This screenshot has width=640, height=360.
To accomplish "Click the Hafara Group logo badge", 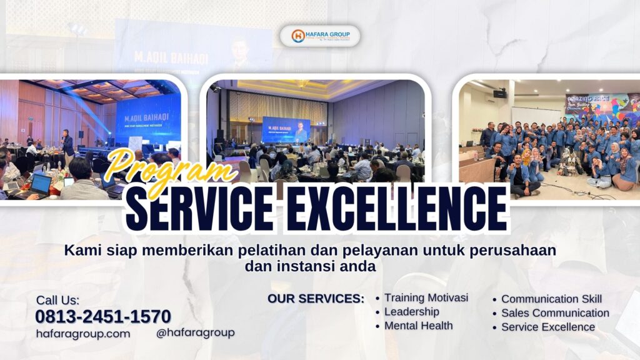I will pos(320,36).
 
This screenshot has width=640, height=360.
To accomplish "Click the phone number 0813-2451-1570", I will pos(102,316).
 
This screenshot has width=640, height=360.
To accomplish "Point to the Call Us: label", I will pos(57,300).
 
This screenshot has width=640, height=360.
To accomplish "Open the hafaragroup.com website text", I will pos(83,333).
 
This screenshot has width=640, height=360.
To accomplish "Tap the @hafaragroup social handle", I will pos(195,332).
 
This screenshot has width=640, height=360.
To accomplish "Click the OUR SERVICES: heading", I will pos(316,299).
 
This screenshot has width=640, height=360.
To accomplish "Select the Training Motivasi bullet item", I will pos(426,297).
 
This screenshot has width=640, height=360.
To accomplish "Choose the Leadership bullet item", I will pos(411,311).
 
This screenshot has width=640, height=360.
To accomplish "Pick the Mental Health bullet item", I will pos(418,326).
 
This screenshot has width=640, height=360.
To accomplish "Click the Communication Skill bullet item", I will pos(551,299).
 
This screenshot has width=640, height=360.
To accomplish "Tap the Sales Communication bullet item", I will pos(555,312).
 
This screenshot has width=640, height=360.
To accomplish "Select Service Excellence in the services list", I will pos(547,327).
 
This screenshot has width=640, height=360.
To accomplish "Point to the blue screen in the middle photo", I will pos(286,128).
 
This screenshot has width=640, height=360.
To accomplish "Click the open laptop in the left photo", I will pos(41,184).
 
